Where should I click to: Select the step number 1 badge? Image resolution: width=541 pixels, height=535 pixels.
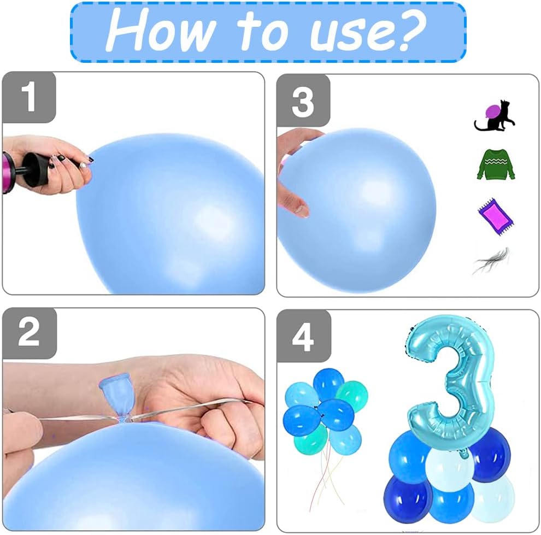tap(29, 97)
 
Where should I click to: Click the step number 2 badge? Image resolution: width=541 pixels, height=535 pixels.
tap(30, 332)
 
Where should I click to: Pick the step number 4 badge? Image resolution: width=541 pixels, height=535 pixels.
tap(304, 336)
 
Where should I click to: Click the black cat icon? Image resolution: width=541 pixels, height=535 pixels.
tap(495, 115)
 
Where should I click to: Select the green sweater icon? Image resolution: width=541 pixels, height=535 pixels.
tap(496, 164)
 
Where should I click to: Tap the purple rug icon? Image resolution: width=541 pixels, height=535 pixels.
tap(496, 216)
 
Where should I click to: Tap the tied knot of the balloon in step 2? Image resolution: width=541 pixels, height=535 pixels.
tap(124, 420)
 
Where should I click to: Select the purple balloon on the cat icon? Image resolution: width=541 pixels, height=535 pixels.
tap(492, 112)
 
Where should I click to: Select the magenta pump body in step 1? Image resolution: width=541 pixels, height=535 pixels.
tap(7, 173)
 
